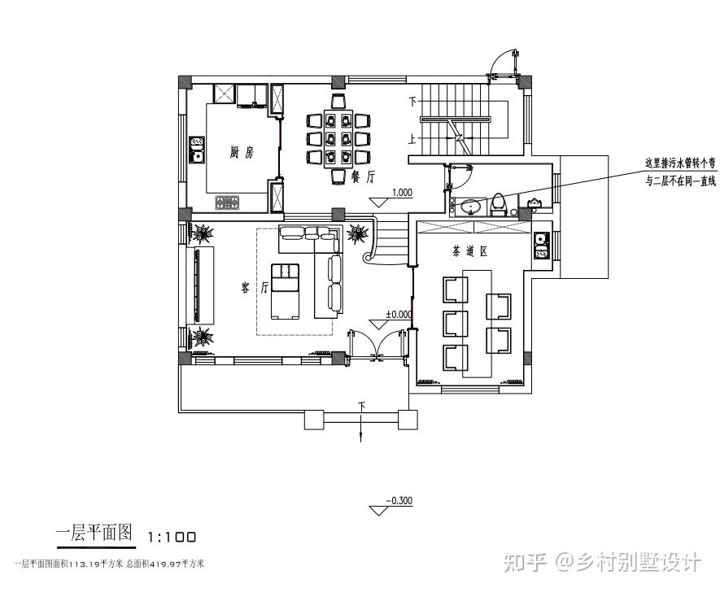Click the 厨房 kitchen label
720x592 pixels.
coord(242,152)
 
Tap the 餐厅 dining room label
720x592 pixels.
coord(362,175)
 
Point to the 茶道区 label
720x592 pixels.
coord(470,252)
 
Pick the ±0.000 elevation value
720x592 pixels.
coord(399,313)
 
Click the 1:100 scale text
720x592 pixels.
coord(172,537)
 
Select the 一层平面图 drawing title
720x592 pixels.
coord(94,534)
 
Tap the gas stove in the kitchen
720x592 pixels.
coord(228,201)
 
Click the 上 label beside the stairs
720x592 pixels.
coord(413,139)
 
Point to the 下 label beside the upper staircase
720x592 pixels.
coord(413,102)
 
